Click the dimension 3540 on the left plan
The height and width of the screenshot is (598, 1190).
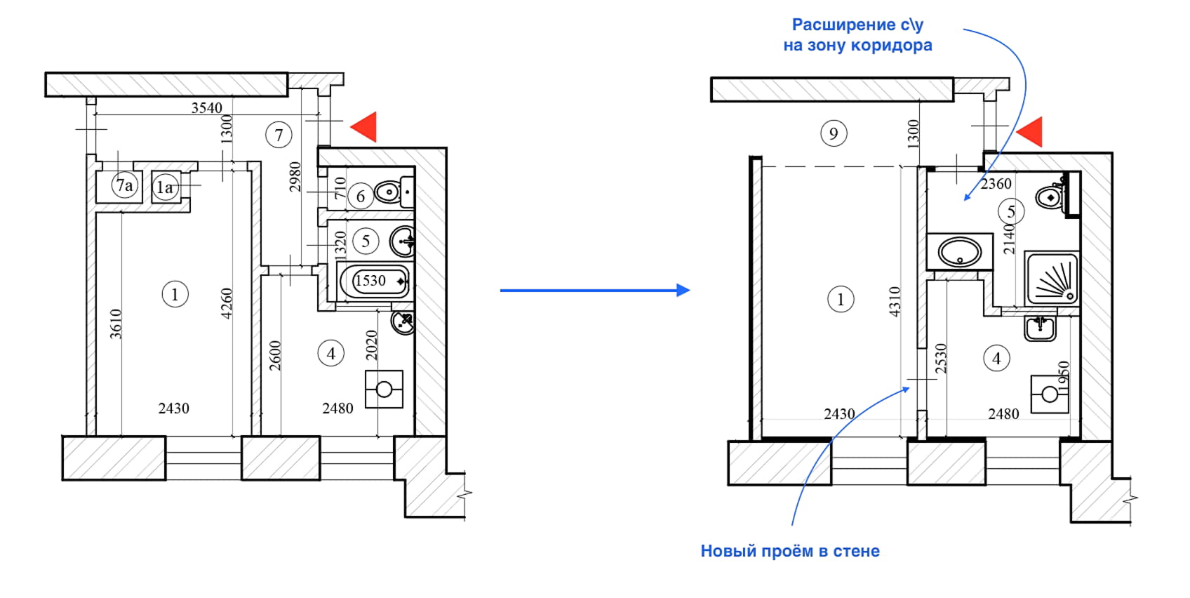(207, 107)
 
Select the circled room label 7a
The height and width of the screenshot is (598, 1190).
(125, 185)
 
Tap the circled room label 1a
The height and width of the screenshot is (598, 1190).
(165, 187)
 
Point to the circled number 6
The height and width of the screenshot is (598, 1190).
(361, 196)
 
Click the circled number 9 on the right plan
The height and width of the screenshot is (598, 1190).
(834, 133)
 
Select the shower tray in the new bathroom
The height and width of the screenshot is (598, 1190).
(1051, 279)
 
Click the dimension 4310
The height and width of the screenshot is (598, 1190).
(895, 301)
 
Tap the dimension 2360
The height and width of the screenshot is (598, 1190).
(996, 184)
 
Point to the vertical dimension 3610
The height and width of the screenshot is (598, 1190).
(116, 324)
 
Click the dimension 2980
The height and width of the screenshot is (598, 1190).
(295, 176)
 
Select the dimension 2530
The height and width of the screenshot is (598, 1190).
(942, 358)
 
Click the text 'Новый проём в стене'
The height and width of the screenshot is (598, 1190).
(790, 551)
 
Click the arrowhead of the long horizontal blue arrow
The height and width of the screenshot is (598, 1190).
(683, 290)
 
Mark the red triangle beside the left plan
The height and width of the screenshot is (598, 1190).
(366, 126)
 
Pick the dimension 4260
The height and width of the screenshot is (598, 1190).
(227, 303)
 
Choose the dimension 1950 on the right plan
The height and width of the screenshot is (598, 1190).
(1064, 376)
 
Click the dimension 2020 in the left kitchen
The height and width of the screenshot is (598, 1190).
(372, 345)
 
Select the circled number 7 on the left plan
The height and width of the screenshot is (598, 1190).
(279, 135)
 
